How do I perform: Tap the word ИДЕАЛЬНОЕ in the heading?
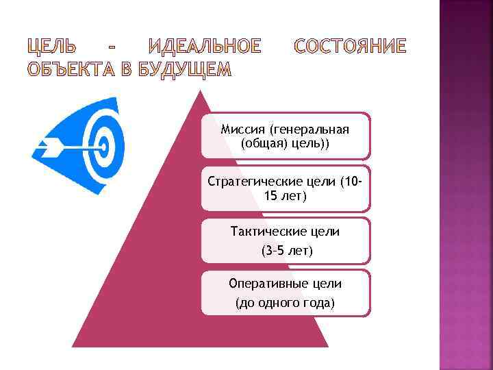tap(205, 47)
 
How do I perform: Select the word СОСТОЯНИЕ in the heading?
tap(349, 47)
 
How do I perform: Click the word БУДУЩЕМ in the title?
tap(185, 70)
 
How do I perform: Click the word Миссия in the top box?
tap(244, 129)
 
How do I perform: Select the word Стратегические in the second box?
tap(251, 182)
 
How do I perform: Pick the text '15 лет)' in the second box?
tap(285, 197)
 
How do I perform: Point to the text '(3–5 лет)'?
tap(286, 251)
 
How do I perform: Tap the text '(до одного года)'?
tap(285, 302)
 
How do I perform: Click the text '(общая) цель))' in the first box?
tap(285, 144)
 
